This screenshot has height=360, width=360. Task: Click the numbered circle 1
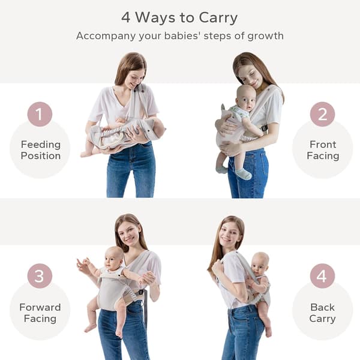tap(40, 114)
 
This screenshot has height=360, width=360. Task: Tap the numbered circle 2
tap(322, 114)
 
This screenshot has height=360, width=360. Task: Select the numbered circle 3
tap(40, 276)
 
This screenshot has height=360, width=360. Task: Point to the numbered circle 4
tap(322, 276)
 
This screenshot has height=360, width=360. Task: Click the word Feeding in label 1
tap(41, 145)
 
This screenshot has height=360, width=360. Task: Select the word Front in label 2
tap(323, 145)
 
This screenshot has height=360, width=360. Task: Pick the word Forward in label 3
tap(40, 307)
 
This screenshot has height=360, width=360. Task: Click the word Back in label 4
tap(322, 307)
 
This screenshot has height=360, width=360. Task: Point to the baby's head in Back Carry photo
tap(260, 263)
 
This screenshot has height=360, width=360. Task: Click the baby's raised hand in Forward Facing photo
tap(82, 263)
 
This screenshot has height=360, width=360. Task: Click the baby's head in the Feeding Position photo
tap(158, 128)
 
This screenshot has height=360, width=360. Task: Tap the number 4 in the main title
tap(126, 17)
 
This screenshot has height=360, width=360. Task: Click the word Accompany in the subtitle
tap(106, 37)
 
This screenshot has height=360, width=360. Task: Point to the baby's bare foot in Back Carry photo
tap(268, 331)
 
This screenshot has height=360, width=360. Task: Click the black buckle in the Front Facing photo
tap(264, 128)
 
